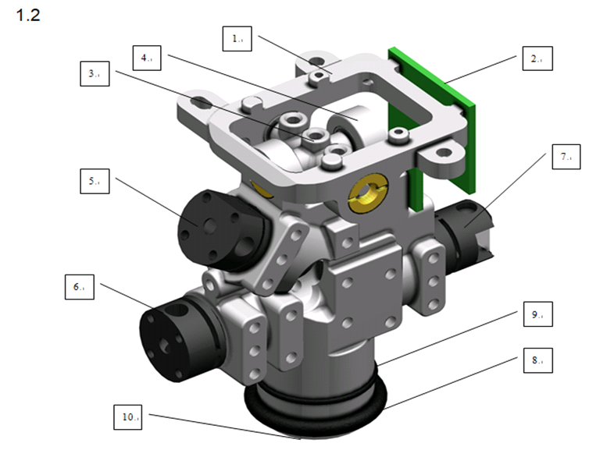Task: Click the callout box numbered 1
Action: tap(236, 37)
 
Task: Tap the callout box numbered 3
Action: tap(95, 74)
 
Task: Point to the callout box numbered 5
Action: tap(95, 182)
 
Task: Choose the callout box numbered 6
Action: tap(80, 287)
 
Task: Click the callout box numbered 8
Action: tap(536, 360)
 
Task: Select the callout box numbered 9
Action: tap(536, 315)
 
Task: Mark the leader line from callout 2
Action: tap(484, 70)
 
